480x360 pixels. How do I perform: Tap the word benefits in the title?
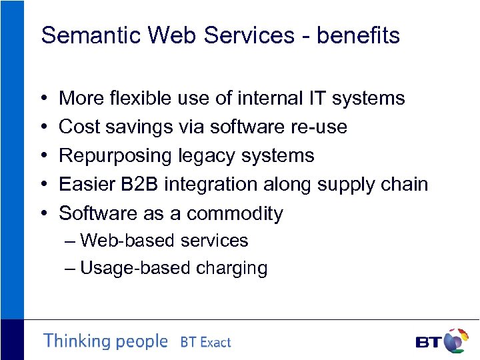coord(358,35)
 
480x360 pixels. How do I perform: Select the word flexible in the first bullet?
coord(137,98)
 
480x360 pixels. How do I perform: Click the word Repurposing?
coord(115,156)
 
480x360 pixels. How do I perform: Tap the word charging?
coord(232,269)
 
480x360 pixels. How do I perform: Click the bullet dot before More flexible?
coord(43,99)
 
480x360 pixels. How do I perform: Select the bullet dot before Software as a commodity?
coord(43,214)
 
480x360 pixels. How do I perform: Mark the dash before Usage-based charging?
coord(71,269)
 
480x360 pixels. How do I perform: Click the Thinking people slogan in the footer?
coord(105,341)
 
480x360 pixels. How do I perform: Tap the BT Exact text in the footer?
coord(205,343)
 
